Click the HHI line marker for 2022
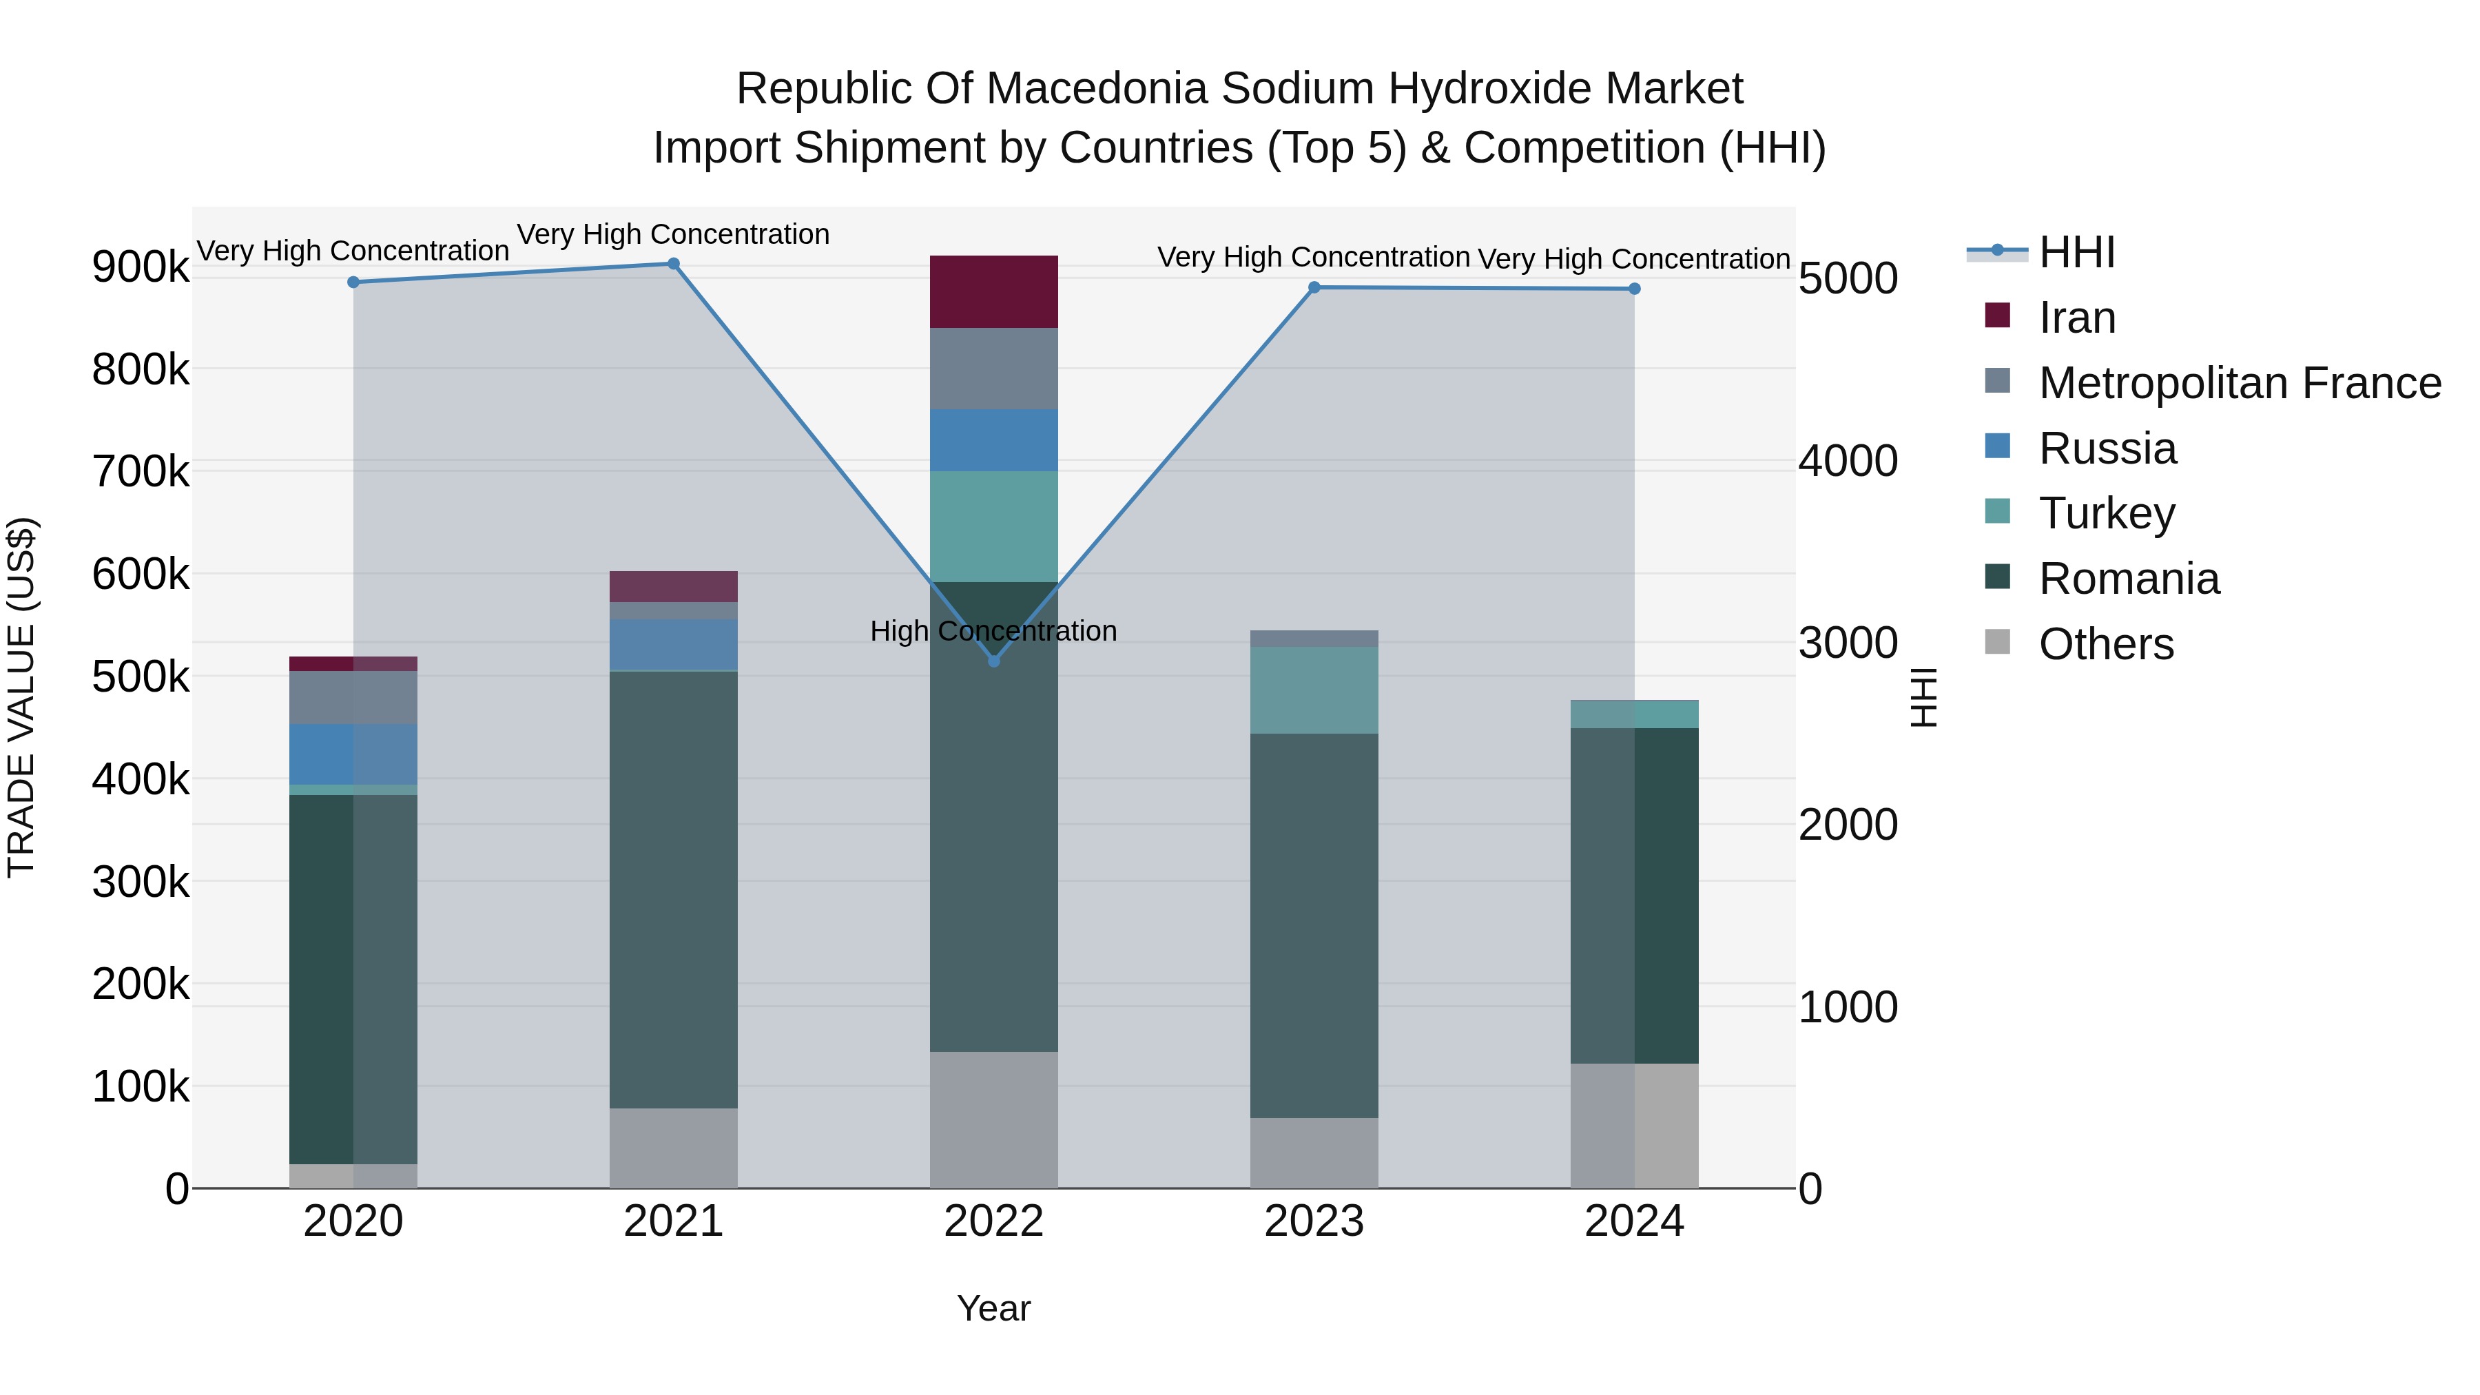pos(993,661)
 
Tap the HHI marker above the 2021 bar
pos(673,264)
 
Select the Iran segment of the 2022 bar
pos(993,291)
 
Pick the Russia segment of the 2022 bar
pos(993,440)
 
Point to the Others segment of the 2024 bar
pos(1634,1126)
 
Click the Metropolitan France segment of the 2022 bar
pos(993,369)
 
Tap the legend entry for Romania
pos(2128,579)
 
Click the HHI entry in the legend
pos(2076,252)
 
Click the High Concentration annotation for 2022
pos(993,632)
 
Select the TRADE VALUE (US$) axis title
pos(21,697)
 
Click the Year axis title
pos(993,1308)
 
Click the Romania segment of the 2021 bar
pos(673,889)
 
